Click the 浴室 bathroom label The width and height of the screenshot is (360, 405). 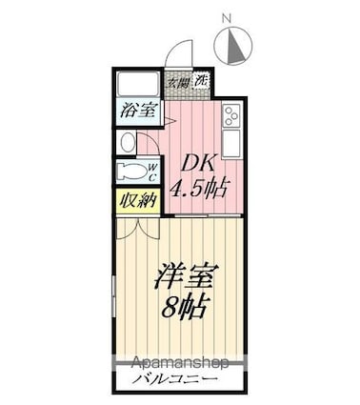click(x=138, y=110)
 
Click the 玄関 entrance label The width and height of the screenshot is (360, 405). click(x=177, y=83)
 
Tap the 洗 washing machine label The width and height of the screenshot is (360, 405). click(x=201, y=82)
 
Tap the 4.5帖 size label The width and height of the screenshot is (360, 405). click(x=199, y=186)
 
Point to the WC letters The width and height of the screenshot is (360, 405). click(x=151, y=172)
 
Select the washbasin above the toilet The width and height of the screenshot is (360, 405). click(x=129, y=142)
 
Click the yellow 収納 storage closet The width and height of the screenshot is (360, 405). click(x=137, y=201)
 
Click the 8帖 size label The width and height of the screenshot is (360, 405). click(x=186, y=308)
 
